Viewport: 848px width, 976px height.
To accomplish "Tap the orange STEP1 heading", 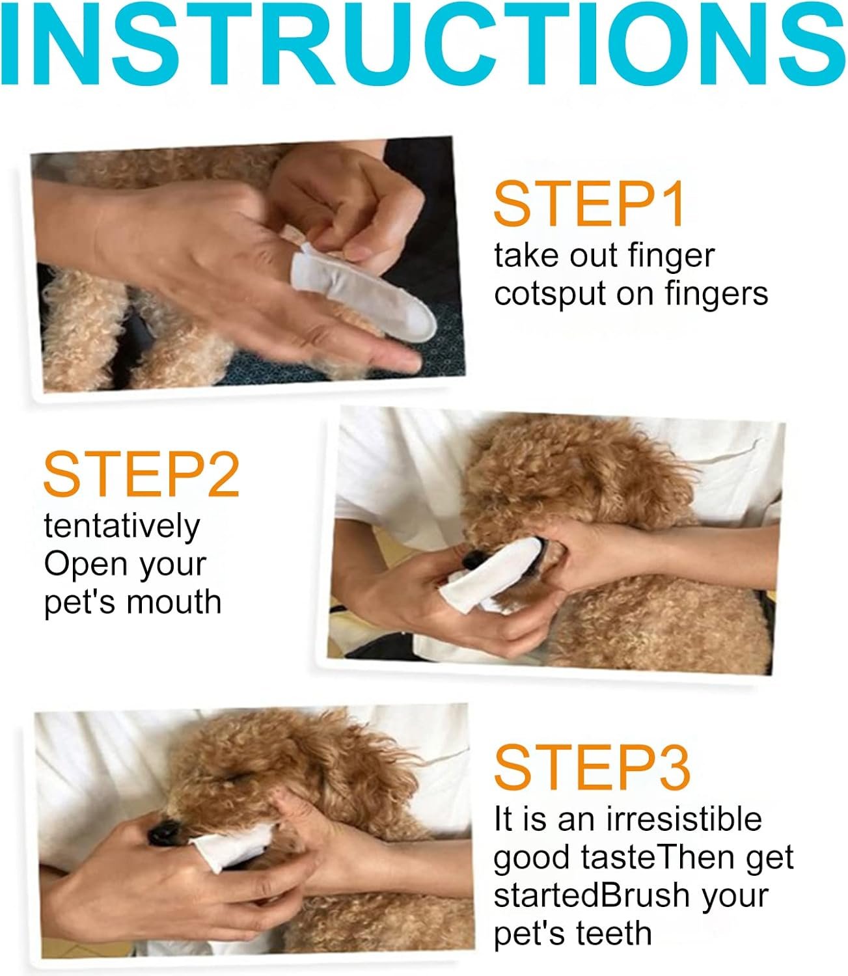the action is [x=588, y=204].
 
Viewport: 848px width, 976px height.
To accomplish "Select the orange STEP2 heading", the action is [x=141, y=475].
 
